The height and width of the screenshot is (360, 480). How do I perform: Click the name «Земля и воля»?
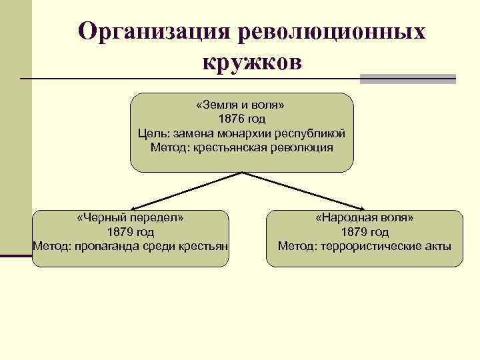(x=241, y=105)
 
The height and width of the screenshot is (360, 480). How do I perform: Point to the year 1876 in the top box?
(x=232, y=119)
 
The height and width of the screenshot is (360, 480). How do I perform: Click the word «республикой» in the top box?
(x=313, y=133)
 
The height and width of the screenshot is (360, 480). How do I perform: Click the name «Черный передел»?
(x=131, y=218)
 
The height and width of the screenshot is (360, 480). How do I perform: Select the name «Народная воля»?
(x=365, y=218)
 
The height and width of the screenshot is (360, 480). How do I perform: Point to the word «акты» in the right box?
(x=437, y=247)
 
